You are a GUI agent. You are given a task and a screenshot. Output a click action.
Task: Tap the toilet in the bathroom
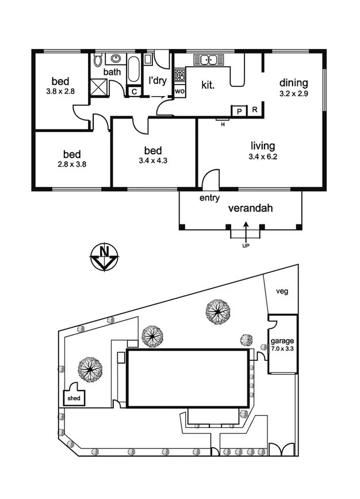point(98,59)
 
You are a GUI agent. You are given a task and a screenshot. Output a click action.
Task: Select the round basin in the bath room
point(116,59)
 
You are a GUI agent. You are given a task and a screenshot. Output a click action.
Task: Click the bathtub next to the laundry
point(133,70)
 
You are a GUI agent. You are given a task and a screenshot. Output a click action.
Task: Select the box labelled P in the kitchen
point(239,112)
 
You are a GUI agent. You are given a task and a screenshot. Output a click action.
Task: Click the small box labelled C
point(134,92)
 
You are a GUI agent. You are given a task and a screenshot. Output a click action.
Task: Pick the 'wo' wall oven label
point(179,92)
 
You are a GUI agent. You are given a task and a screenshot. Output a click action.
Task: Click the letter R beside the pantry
point(255,110)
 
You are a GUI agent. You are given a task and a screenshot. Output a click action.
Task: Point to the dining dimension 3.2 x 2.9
point(293,94)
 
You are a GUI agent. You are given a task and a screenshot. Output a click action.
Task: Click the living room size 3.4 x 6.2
point(263,157)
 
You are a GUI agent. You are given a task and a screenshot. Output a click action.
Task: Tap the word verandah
point(251,208)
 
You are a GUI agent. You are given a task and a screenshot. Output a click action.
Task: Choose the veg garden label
point(282,291)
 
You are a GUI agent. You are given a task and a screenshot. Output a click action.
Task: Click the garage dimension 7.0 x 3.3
point(282,348)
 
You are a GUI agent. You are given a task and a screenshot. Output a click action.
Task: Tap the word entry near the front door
point(209,198)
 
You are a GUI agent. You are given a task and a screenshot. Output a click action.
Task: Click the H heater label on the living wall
point(223,125)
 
